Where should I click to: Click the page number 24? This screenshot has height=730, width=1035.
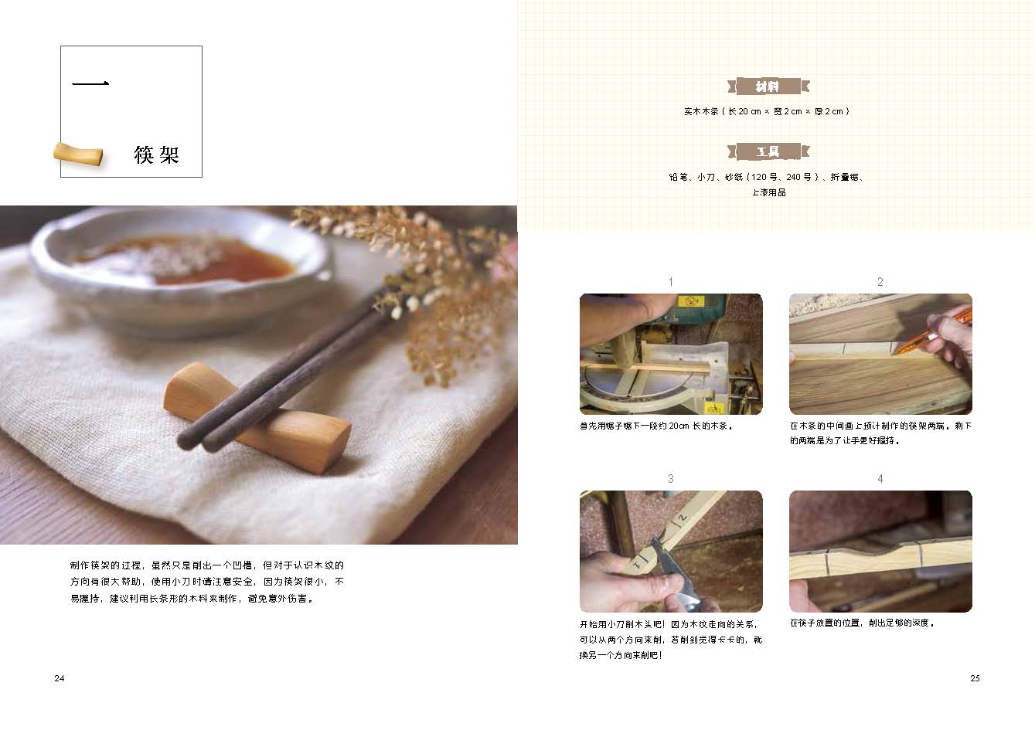[x=60, y=678]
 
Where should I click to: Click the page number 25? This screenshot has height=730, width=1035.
[x=975, y=678]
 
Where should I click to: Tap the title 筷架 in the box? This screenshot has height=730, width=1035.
[x=157, y=154]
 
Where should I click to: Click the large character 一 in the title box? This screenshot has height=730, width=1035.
[x=90, y=83]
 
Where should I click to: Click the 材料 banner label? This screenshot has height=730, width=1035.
[x=768, y=87]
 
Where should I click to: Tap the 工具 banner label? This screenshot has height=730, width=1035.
[x=768, y=151]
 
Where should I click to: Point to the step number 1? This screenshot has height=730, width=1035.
[x=670, y=282]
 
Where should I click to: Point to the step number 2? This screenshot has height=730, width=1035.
[x=880, y=282]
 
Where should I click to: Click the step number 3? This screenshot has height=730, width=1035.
[x=670, y=479]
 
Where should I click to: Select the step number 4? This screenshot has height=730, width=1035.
[x=880, y=479]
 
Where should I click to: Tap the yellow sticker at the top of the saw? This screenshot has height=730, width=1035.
[x=689, y=301]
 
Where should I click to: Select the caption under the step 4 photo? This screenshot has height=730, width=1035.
[x=862, y=623]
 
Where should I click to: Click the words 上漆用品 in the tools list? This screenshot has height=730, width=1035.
[x=769, y=192]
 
